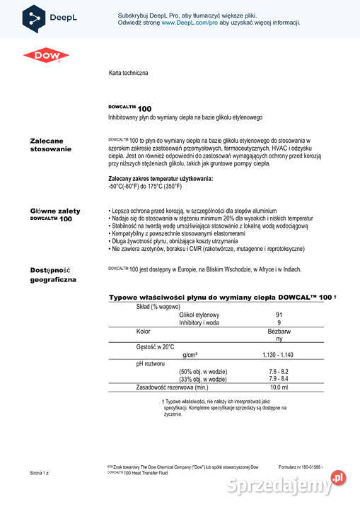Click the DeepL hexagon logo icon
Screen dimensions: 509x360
tap(33, 18)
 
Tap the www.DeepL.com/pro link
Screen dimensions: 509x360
tap(187, 23)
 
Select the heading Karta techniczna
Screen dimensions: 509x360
tap(128, 73)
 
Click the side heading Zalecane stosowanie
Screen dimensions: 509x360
tap(50, 146)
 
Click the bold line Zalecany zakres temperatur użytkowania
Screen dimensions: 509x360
tap(160, 179)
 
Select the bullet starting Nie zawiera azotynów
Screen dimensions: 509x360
tap(207, 249)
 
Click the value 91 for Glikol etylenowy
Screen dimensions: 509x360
tap(279, 315)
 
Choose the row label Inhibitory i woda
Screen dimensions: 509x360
tap(201, 322)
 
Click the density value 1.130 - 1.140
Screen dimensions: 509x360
tap(278, 354)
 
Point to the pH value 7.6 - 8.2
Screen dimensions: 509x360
tap(278, 371)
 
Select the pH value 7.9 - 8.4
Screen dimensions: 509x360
tap(278, 379)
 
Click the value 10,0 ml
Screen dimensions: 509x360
tap(279, 387)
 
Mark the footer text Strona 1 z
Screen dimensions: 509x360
tap(40, 472)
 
